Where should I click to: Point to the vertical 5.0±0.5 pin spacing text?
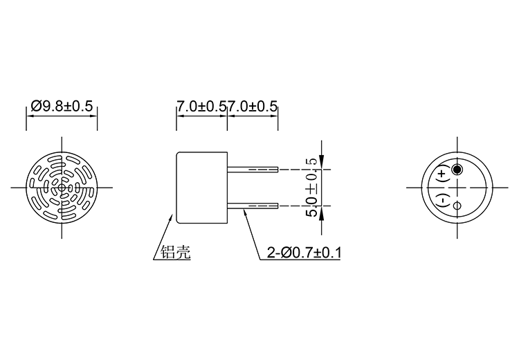[312, 187]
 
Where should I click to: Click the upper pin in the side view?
[253, 170]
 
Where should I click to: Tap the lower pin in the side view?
[253, 206]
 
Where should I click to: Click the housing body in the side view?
[202, 187]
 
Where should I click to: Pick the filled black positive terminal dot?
[457, 170]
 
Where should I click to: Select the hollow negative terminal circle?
[457, 206]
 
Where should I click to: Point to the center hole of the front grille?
[62, 187]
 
